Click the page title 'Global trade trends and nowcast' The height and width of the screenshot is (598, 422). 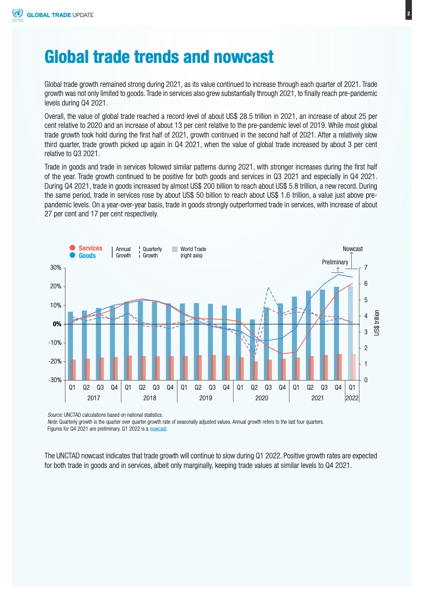pyautogui.click(x=159, y=56)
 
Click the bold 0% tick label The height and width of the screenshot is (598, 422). pyautogui.click(x=56, y=324)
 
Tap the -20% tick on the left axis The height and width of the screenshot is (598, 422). pyautogui.click(x=55, y=361)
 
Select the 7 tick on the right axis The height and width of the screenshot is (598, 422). pyautogui.click(x=365, y=268)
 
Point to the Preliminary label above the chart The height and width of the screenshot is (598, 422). pyautogui.click(x=335, y=262)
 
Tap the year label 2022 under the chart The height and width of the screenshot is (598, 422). pyautogui.click(x=352, y=398)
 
